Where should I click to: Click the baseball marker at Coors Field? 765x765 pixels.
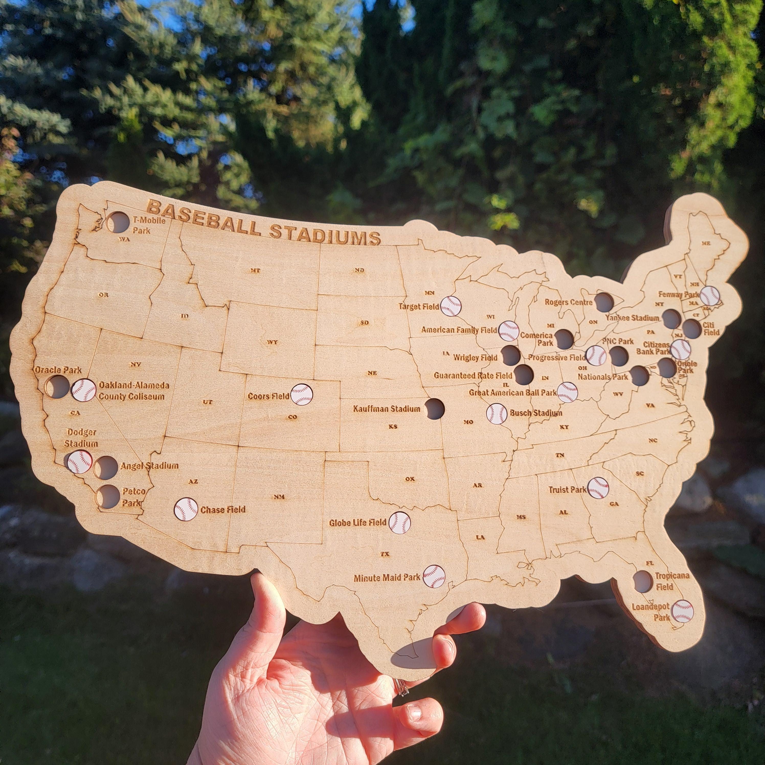tap(302, 394)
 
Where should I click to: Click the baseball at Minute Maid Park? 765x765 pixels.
tap(434, 576)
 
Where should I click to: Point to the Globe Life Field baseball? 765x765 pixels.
tap(399, 522)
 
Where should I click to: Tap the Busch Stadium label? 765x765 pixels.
tap(536, 413)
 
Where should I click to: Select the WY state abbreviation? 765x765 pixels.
tap(272, 342)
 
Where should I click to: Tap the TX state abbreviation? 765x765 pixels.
tap(385, 554)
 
